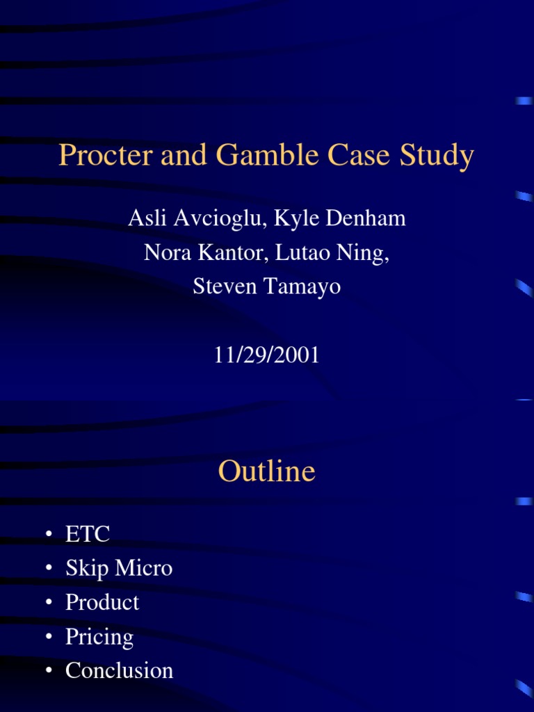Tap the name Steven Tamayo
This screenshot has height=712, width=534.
click(267, 286)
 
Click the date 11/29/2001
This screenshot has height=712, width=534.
click(267, 355)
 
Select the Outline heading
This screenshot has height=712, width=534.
click(266, 471)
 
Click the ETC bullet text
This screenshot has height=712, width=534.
click(88, 534)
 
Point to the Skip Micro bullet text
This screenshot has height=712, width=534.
click(119, 568)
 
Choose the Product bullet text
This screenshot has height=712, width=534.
click(102, 602)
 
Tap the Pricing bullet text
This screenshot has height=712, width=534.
click(99, 636)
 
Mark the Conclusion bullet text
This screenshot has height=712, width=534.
click(119, 670)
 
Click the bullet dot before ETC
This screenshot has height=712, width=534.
click(49, 535)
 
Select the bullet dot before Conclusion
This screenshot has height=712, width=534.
click(49, 671)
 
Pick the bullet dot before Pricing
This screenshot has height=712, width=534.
click(49, 637)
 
